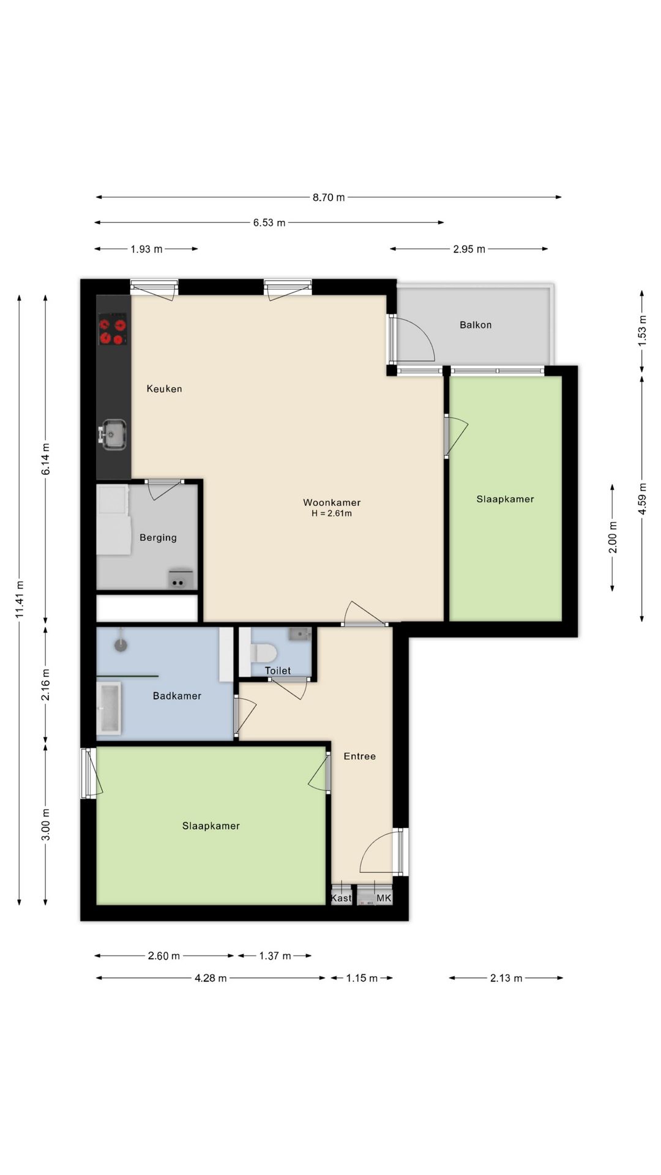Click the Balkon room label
pos(476,325)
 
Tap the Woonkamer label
pos(332,502)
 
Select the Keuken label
pos(164,389)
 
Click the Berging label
pos(158,538)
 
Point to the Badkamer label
pos(177,696)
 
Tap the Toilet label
pos(278,671)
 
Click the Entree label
pos(360,756)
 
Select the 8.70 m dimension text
pos(329,197)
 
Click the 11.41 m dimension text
pos(20,600)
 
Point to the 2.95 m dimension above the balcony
pos(469,249)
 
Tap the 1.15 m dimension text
pos(362,978)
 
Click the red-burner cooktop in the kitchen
pos(113,329)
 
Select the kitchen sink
pos(113,435)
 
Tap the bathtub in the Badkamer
pos(110,709)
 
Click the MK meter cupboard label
pos(384,898)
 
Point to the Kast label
pos(342,898)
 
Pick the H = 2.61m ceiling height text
pos(332,514)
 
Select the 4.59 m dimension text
pos(642,499)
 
